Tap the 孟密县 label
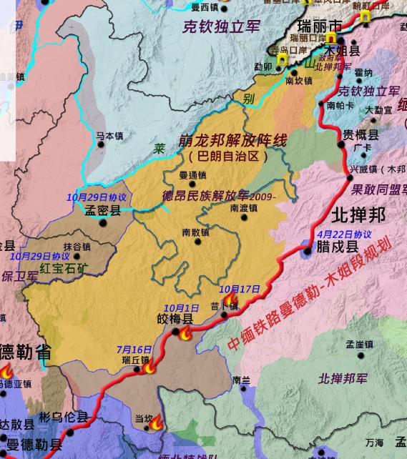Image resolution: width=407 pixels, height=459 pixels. [x=103, y=210]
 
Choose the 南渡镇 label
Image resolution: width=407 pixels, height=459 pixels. [x=244, y=208]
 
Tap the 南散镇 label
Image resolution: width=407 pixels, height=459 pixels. [x=195, y=232]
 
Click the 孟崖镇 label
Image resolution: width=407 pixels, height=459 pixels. [x=360, y=345]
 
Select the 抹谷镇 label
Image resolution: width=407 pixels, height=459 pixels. [x=77, y=247]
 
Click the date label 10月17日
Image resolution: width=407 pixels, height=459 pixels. [x=240, y=289]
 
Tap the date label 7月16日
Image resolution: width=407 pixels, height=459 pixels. [x=134, y=349]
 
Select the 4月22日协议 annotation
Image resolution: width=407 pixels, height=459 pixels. [x=344, y=234]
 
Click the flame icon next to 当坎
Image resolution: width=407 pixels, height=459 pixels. [x=157, y=424]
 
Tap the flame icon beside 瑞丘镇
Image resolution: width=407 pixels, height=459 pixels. [x=150, y=367]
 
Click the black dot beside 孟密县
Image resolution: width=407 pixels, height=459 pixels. [x=103, y=222]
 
